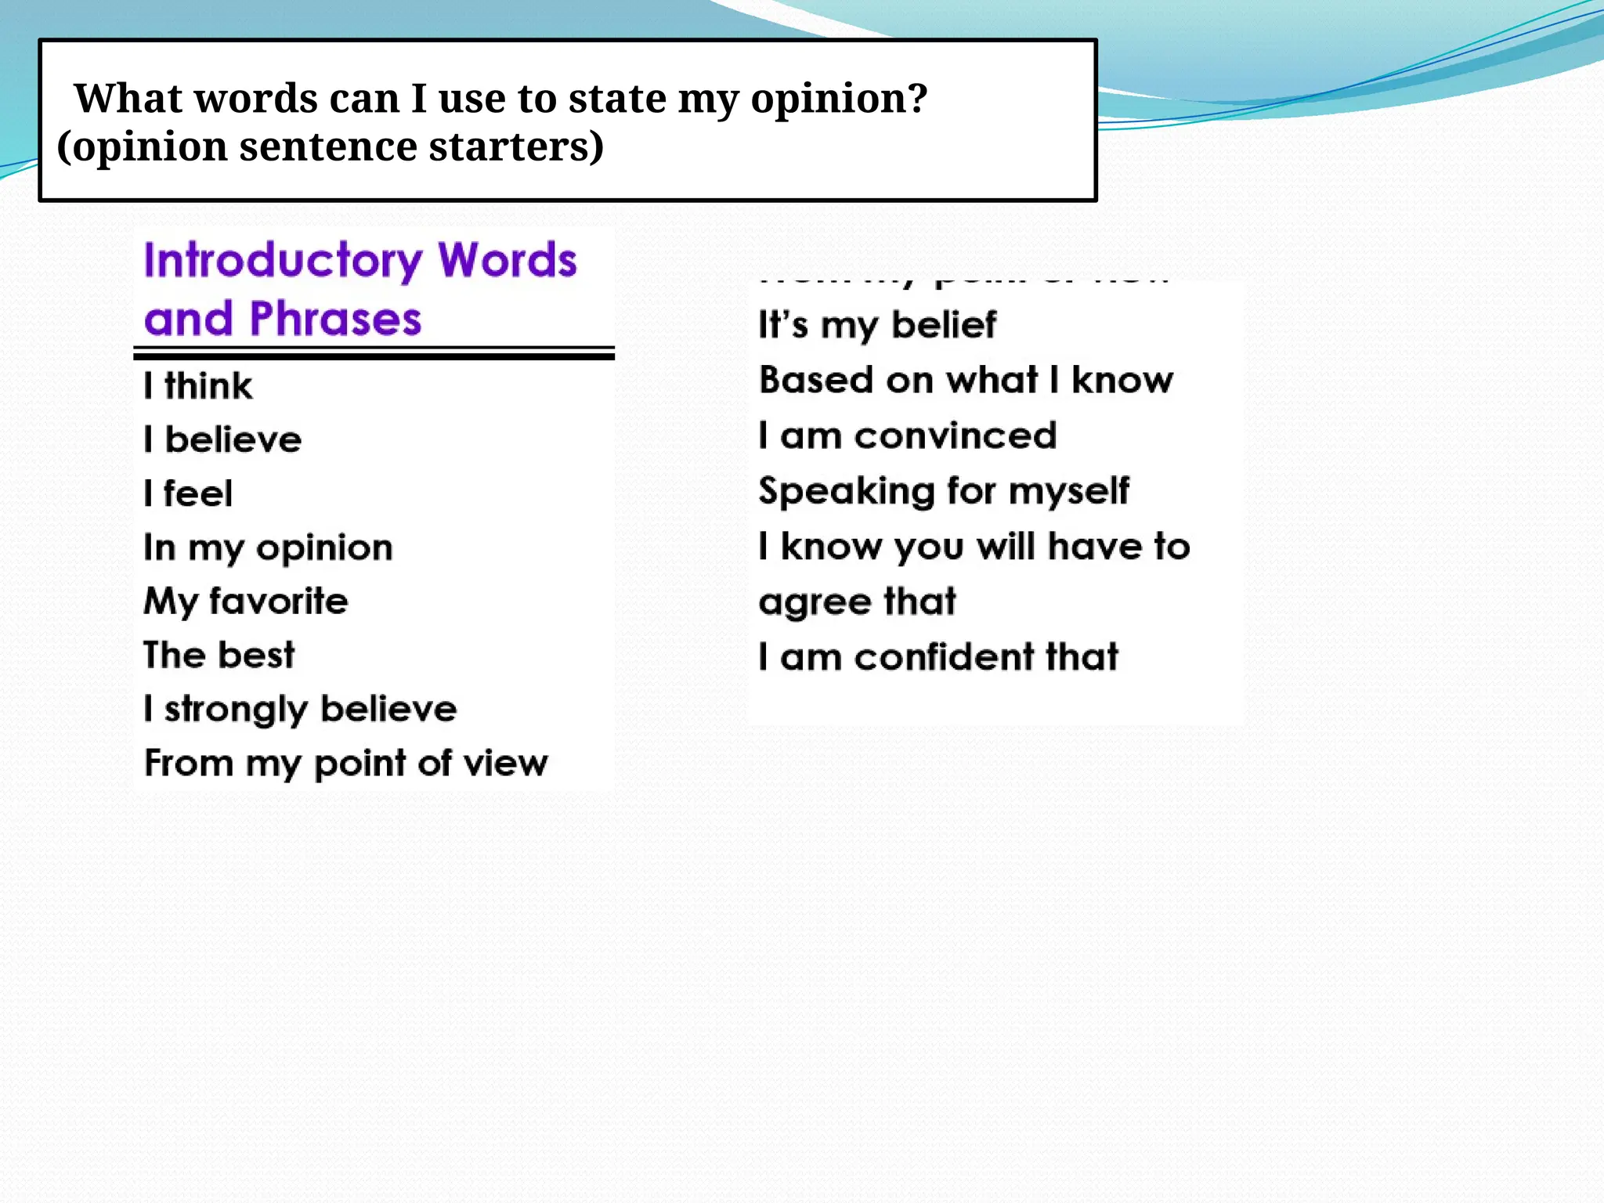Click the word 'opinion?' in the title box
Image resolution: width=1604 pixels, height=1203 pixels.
tap(839, 99)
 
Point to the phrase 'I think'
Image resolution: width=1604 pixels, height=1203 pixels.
tap(198, 386)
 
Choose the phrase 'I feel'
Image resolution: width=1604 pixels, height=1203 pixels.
tap(188, 494)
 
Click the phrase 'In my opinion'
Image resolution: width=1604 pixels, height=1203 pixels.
tap(268, 548)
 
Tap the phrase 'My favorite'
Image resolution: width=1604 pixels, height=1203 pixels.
tap(245, 601)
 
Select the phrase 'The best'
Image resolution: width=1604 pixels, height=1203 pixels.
tap(219, 655)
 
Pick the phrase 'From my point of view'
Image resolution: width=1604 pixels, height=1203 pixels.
tap(345, 764)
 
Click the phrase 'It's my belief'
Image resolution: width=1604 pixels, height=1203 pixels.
tap(877, 325)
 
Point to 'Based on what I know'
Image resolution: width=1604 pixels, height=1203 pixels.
tap(966, 381)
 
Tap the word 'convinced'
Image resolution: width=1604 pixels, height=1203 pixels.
tap(956, 436)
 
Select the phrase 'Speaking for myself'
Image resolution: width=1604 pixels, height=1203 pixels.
tap(944, 492)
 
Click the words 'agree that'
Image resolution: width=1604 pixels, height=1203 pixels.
tap(857, 602)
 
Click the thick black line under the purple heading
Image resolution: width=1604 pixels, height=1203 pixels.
tap(374, 357)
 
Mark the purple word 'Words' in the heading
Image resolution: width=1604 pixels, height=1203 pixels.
tap(508, 260)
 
